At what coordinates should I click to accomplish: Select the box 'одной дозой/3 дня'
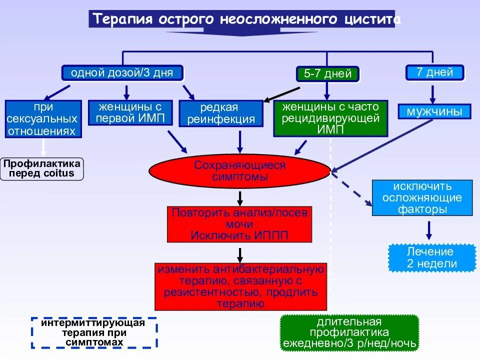[122, 73]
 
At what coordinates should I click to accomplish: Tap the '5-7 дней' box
[327, 74]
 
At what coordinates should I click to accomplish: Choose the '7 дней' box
[434, 72]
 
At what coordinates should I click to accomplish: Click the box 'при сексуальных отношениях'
[43, 119]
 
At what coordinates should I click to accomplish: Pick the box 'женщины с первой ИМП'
[130, 112]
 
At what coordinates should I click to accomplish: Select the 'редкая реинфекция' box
[220, 113]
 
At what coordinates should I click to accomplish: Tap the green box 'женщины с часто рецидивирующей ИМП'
[330, 119]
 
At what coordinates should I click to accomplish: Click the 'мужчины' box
[434, 111]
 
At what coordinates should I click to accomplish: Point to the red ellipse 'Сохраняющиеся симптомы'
[239, 171]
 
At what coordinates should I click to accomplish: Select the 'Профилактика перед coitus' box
[42, 168]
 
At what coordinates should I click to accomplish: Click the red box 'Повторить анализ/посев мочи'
[239, 224]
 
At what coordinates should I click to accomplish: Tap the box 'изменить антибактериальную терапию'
[240, 286]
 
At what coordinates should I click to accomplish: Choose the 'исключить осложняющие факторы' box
[422, 198]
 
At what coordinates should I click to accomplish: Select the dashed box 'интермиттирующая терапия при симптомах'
[93, 332]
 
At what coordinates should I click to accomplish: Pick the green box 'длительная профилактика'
[349, 332]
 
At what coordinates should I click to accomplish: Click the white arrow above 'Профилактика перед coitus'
[43, 147]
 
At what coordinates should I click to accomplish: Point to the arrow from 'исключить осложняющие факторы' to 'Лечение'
[428, 229]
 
